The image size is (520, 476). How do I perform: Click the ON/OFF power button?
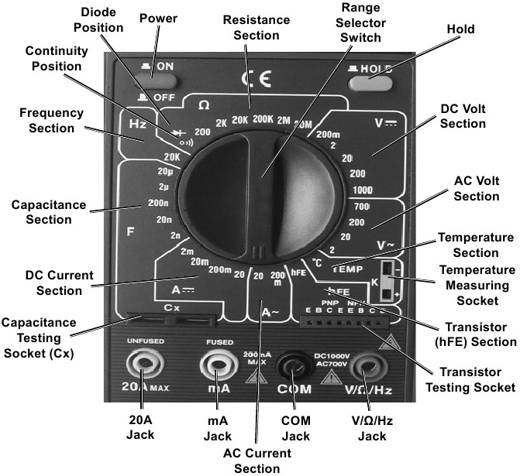click(159, 77)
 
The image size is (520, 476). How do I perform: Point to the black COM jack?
click(294, 363)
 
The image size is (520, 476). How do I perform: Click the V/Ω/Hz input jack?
click(367, 363)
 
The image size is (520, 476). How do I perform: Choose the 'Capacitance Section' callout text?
click(42, 211)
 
